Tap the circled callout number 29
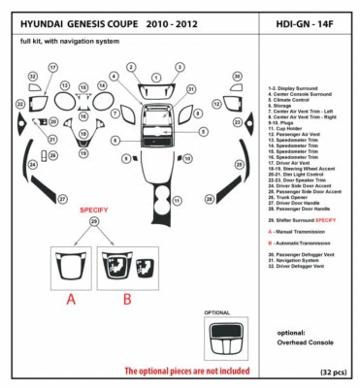point(94,221)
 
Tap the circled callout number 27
point(62,199)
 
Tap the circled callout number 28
point(209,199)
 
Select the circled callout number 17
point(51,68)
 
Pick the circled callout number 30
point(237,76)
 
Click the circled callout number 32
point(33,76)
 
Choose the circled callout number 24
point(31,165)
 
